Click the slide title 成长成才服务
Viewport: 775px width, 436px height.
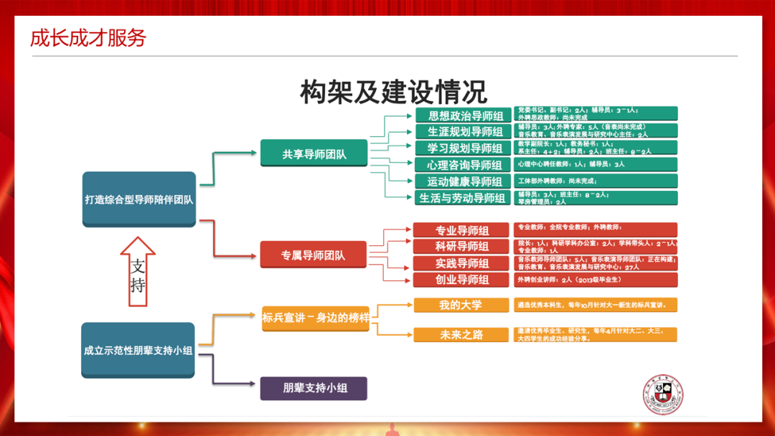(x=88, y=37)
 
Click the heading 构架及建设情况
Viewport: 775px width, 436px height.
(x=393, y=92)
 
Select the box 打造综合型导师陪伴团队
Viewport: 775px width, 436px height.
(x=138, y=199)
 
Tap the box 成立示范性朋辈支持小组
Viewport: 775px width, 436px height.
(x=138, y=350)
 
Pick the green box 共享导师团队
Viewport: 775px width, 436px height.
(x=314, y=153)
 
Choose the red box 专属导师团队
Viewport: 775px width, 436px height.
(x=314, y=255)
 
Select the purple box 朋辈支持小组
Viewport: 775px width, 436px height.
(x=314, y=388)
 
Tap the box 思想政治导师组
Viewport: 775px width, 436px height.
(x=463, y=115)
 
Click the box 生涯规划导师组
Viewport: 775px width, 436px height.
(x=463, y=132)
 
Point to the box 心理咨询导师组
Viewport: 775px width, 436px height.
(x=463, y=165)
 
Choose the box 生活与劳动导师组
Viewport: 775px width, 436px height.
(x=463, y=198)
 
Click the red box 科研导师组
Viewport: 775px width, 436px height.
(x=461, y=247)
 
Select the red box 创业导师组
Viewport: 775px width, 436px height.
(x=461, y=280)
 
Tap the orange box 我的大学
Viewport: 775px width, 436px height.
(x=461, y=305)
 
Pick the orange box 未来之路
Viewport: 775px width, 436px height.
(x=461, y=335)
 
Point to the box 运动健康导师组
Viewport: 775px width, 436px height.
(x=463, y=181)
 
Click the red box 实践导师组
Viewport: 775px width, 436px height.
(x=461, y=263)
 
